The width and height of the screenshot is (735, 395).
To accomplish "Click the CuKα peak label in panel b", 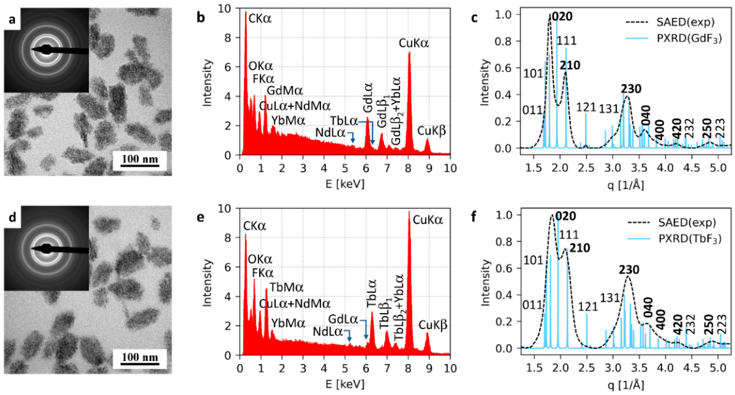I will tap(413, 43).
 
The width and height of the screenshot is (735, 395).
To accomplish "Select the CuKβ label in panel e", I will tap(433, 325).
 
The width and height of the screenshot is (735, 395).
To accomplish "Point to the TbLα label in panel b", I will tap(344, 121).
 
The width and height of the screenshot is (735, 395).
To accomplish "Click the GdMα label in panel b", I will tap(284, 91).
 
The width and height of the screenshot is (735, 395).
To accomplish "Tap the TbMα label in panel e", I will tap(286, 287).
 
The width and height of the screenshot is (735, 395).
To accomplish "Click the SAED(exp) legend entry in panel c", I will tap(685, 22).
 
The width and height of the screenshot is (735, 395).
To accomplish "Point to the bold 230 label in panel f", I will tap(629, 270).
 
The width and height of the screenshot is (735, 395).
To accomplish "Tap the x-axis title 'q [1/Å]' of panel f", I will tap(625, 385).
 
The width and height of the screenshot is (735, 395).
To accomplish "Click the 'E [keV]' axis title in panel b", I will tap(345, 184).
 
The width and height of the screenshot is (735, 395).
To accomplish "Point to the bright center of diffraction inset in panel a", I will tap(46, 50).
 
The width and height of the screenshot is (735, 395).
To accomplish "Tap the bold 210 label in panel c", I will tap(569, 66).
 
